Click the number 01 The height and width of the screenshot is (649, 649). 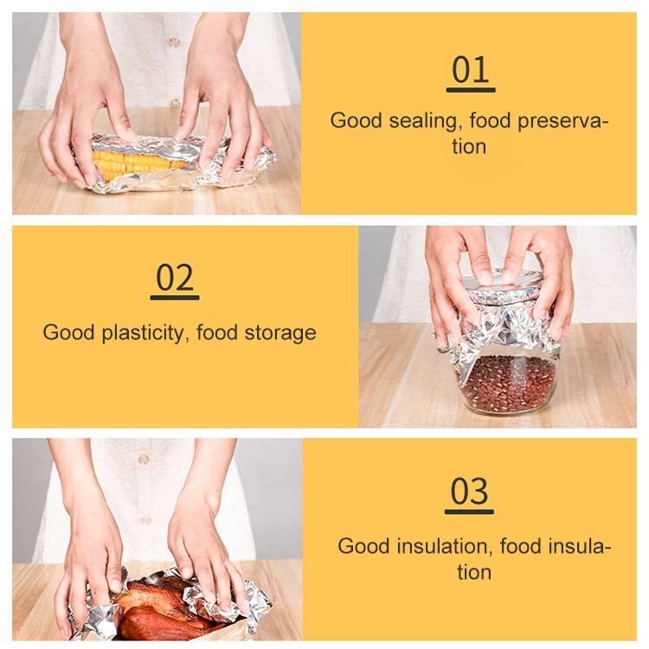point(471,69)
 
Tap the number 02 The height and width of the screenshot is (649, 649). point(175,278)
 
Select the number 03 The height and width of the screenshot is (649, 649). point(469,492)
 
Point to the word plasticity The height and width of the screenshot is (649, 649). point(143,333)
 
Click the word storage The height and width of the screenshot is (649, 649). point(280,334)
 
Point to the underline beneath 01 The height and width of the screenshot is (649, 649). point(471,90)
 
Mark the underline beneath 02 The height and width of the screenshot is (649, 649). point(175,298)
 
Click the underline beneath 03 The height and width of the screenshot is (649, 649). point(469,511)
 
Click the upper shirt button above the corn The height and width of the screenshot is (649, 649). point(174,42)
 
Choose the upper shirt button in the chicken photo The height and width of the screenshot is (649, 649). point(144,459)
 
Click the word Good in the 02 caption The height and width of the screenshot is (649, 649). point(68,332)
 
